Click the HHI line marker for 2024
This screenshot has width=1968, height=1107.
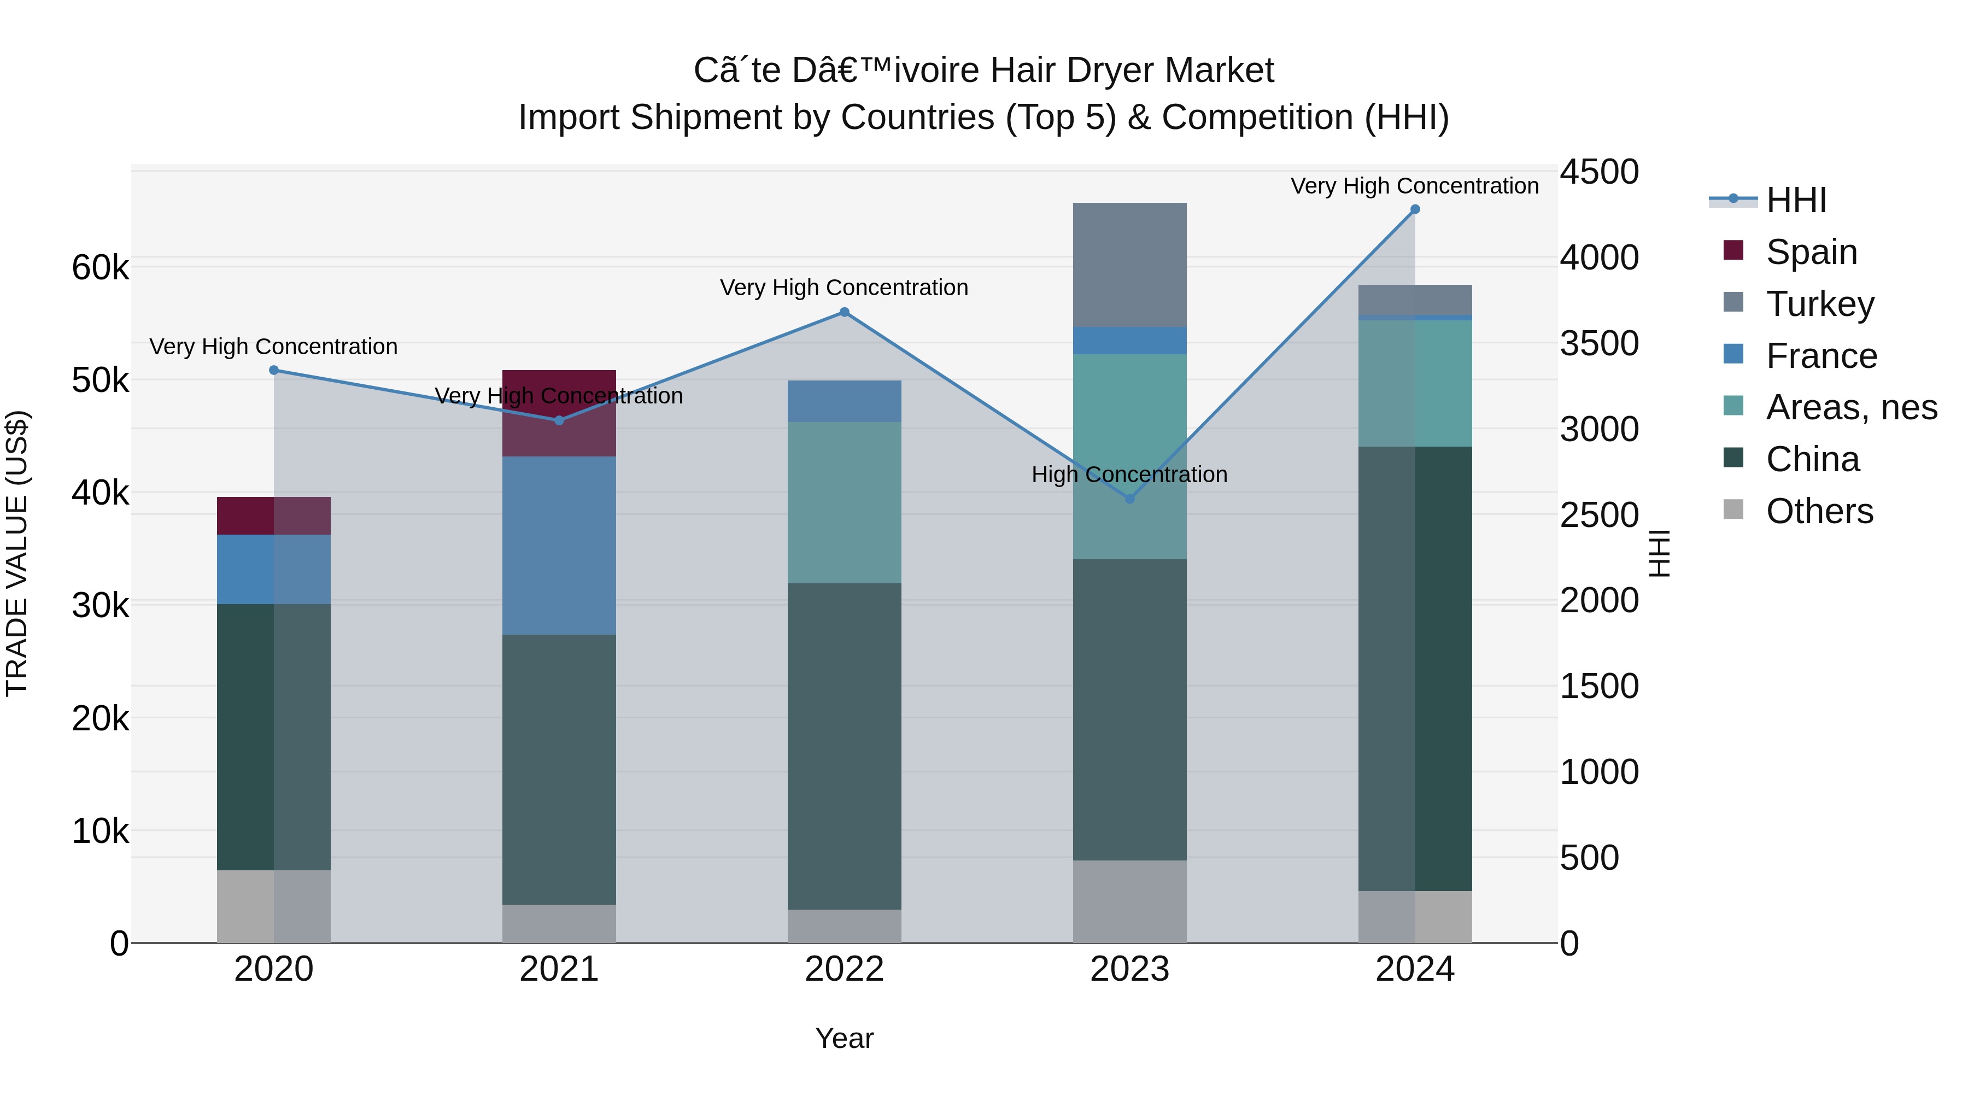click(x=1415, y=209)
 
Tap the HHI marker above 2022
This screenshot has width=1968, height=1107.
click(x=844, y=312)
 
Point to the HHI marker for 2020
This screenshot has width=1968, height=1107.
click(x=273, y=371)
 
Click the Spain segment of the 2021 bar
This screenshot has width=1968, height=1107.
click(x=559, y=436)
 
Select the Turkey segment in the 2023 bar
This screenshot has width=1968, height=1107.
click(x=1130, y=265)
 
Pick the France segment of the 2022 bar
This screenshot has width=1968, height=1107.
click(x=844, y=401)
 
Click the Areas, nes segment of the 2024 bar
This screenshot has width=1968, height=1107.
click(x=1415, y=383)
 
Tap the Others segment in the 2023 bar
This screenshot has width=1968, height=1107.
click(x=1130, y=901)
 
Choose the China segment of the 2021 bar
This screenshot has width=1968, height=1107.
click(x=559, y=769)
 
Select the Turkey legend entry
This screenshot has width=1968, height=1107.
click(x=1820, y=304)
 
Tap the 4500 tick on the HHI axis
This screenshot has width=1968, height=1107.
click(x=1598, y=172)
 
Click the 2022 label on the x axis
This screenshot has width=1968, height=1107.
click(x=844, y=969)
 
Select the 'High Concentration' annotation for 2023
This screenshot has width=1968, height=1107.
click(x=1129, y=475)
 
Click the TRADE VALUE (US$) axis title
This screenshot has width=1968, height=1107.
click(x=17, y=553)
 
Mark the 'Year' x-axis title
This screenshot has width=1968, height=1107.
click(x=844, y=1038)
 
